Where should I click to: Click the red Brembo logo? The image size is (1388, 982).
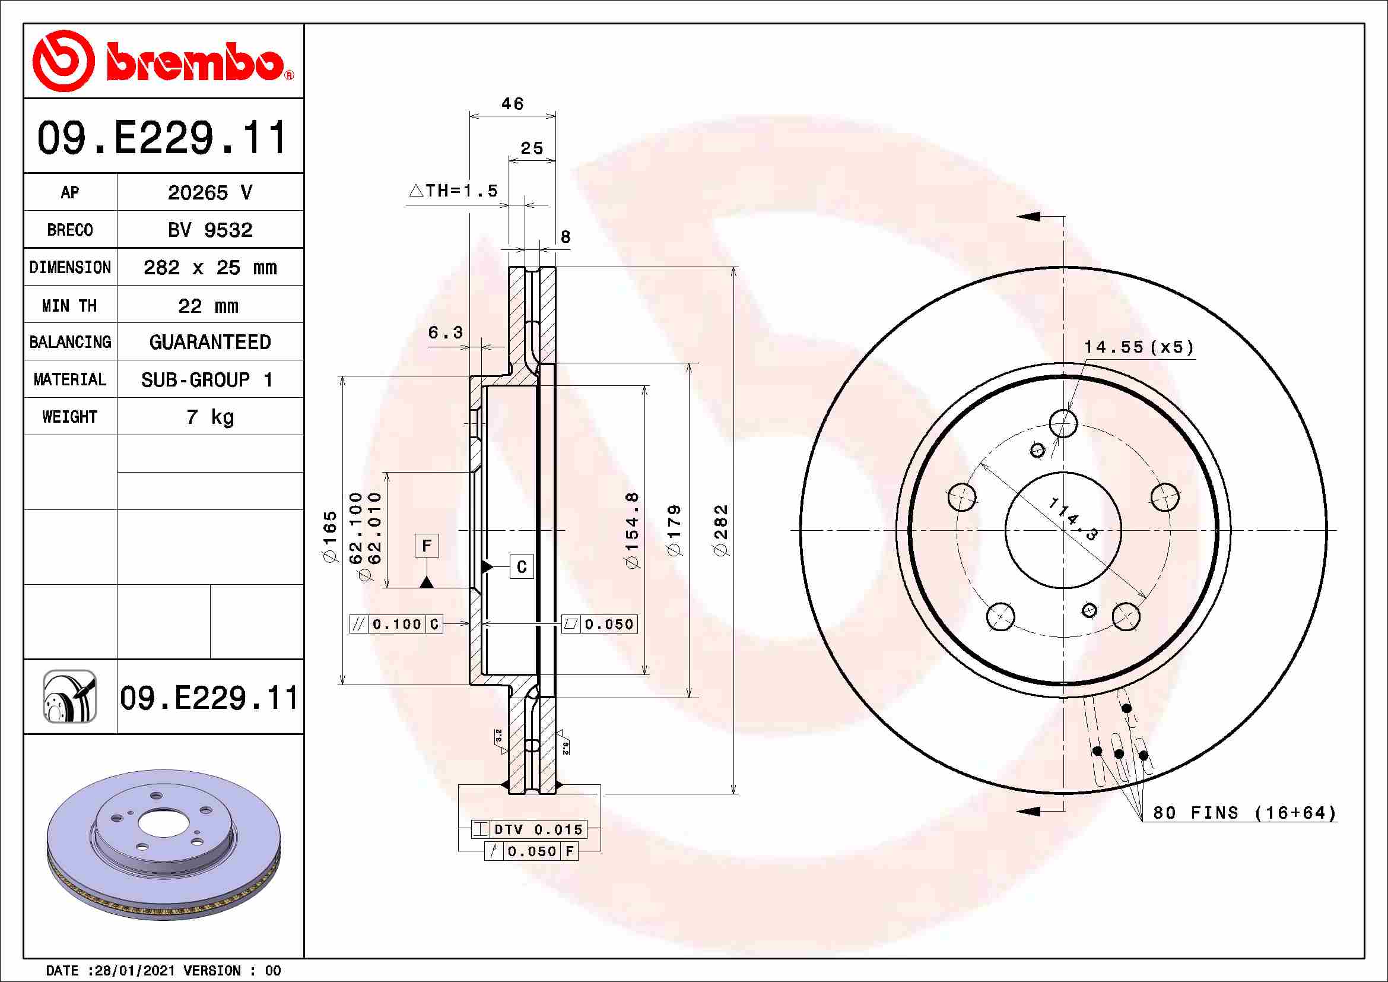[x=162, y=61]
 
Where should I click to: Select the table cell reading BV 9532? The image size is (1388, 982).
[x=209, y=230]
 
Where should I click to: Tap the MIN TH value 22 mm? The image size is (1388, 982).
[x=208, y=306]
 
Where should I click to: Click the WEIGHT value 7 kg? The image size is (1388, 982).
[x=209, y=417]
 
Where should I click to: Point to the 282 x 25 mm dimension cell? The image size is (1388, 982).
[x=209, y=267]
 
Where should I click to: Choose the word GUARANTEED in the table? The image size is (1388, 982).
[x=209, y=342]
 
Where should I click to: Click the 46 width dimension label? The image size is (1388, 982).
[x=512, y=104]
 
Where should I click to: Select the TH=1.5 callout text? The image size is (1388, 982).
[x=455, y=191]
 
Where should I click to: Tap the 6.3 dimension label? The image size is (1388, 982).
[x=445, y=332]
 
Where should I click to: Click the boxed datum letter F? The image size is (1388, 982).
[x=427, y=546]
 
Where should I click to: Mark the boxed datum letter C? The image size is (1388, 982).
[x=521, y=566]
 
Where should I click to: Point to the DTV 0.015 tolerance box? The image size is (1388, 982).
[x=529, y=829]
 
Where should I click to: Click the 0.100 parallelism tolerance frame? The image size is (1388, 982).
[x=396, y=624]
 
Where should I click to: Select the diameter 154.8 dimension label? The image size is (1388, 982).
[x=632, y=530]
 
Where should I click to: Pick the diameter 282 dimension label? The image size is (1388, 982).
[x=721, y=530]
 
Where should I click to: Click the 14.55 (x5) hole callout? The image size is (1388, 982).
[x=1138, y=347]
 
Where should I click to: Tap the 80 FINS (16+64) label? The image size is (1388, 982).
[x=1244, y=812]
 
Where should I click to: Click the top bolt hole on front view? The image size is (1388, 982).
[x=1063, y=423]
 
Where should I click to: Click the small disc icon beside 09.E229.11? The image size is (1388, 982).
[x=69, y=696]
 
